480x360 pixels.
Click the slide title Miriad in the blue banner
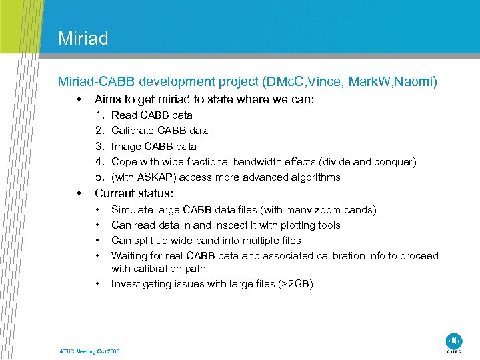[83, 38]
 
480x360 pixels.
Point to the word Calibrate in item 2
[133, 131]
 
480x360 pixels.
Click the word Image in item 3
[125, 146]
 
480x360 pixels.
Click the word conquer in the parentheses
[395, 161]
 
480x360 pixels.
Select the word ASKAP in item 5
[154, 177]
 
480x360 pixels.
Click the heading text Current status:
[134, 193]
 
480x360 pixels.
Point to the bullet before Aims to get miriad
[79, 99]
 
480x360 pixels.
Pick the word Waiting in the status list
[129, 256]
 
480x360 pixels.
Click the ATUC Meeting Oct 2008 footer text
[89, 351]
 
